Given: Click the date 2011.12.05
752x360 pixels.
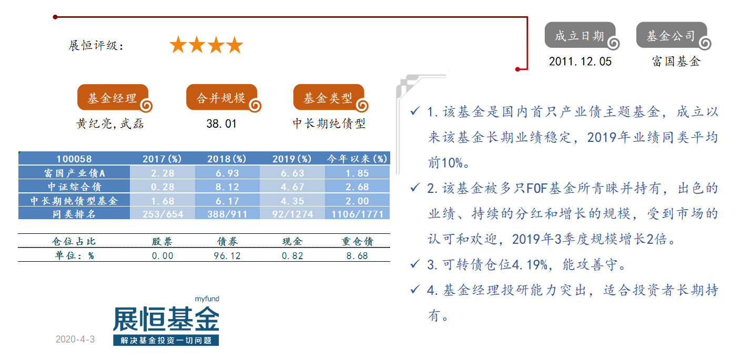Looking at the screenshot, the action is tap(580, 61).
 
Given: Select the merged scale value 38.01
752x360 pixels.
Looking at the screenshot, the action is tap(221, 124).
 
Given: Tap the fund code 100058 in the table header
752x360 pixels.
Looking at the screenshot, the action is tap(74, 159).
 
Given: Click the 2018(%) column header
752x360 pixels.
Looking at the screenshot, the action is tap(227, 159).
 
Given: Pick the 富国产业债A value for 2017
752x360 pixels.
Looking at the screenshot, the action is tap(162, 173).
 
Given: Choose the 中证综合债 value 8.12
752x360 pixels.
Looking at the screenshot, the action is tap(227, 187).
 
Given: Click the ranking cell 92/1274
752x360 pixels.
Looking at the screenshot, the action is tap(292, 214).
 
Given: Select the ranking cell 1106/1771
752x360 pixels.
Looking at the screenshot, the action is tap(357, 214).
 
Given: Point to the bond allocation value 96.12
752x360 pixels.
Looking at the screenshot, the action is tap(227, 255).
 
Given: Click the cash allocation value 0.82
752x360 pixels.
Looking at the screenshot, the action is tap(292, 255).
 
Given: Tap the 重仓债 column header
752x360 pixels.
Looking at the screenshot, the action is tap(357, 241).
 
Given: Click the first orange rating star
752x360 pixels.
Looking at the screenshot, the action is tap(178, 45).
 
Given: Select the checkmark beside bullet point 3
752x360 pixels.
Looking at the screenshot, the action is tap(415, 264).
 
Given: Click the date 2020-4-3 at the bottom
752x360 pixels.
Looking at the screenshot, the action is tap(75, 339).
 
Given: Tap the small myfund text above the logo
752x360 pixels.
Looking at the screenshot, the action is tap(207, 299).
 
